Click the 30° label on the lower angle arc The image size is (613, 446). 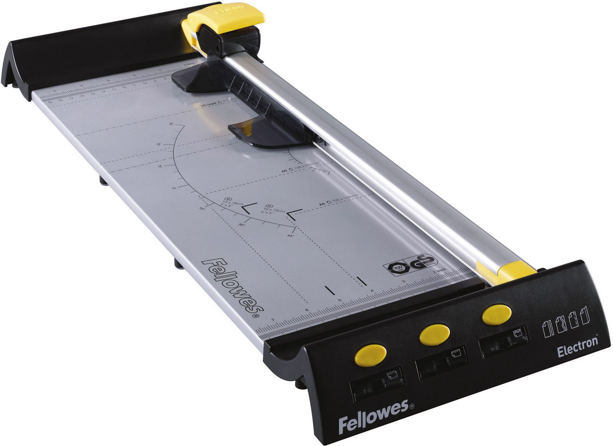241,225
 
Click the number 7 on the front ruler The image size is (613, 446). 272,320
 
